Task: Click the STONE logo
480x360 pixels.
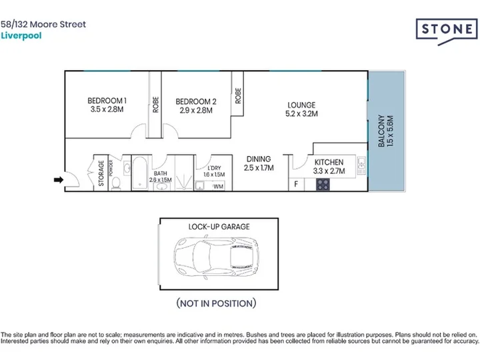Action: (447, 30)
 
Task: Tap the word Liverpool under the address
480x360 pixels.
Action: (21, 36)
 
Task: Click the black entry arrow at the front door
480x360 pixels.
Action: (59, 180)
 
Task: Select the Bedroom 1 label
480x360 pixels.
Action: (107, 101)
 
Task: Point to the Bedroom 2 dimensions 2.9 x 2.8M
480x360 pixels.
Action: (196, 110)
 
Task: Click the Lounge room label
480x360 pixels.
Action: (301, 105)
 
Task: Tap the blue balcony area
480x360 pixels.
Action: (386, 131)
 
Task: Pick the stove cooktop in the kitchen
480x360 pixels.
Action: (323, 185)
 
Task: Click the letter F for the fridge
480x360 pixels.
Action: (296, 184)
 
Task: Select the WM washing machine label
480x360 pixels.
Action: (218, 187)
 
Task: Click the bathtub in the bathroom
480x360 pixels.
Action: (140, 173)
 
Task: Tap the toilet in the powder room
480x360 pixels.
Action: (116, 183)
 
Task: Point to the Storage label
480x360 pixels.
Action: (101, 173)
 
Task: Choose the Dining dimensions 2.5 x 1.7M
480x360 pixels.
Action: (259, 168)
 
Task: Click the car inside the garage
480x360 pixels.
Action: (217, 257)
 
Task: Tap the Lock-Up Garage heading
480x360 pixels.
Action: (219, 227)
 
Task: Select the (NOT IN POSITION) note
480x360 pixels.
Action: (216, 303)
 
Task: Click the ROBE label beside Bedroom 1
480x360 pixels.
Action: (155, 105)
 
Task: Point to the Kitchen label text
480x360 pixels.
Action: (329, 162)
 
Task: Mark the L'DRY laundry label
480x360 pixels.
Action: (214, 168)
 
